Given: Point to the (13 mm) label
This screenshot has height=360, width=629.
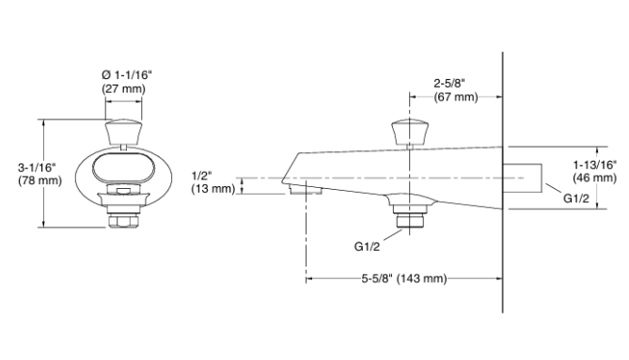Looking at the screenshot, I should tap(211, 189).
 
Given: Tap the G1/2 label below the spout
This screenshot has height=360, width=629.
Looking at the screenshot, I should tap(368, 248).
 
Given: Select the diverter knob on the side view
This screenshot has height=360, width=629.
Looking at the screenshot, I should tap(410, 131).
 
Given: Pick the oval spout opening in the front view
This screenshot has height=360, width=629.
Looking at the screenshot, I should tap(123, 171).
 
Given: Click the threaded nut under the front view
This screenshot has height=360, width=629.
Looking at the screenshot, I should tap(123, 218).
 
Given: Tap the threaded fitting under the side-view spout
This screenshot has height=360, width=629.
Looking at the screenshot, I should tap(409, 219).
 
